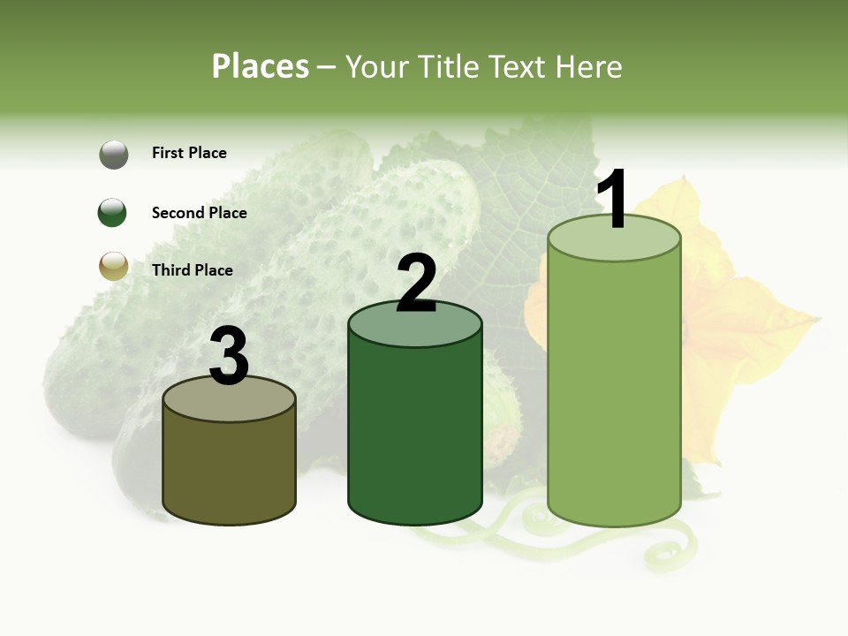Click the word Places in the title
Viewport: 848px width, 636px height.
[x=261, y=66]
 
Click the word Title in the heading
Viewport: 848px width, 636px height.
[x=450, y=66]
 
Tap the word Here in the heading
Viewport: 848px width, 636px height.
[x=590, y=66]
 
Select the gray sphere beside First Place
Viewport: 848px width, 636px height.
[x=113, y=155]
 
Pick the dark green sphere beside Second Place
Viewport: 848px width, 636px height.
[x=113, y=213]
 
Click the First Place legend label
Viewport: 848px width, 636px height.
[x=189, y=153]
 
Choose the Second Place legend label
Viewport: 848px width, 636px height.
[x=199, y=213]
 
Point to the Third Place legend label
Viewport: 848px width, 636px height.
[x=192, y=270]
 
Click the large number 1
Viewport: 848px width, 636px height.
[x=613, y=200]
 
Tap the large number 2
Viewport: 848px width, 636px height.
[x=416, y=284]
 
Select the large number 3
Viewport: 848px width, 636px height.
[x=229, y=356]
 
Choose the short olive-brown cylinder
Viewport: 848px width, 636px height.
[x=229, y=468]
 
